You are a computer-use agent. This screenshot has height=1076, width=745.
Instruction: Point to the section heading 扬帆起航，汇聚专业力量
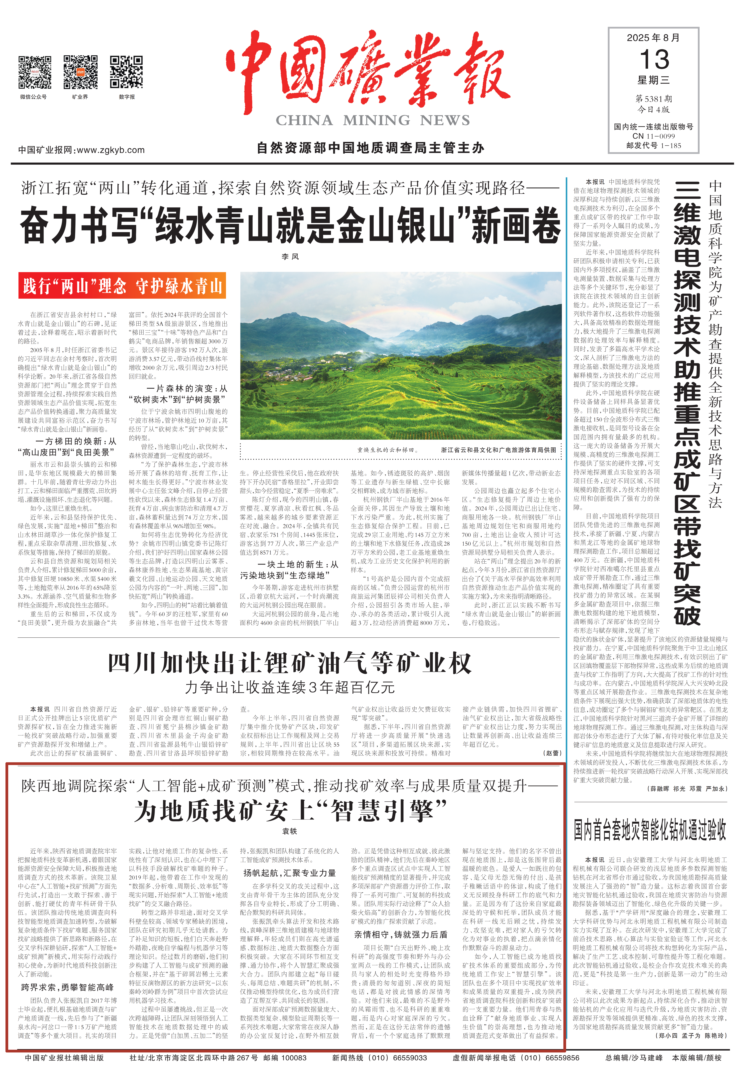point(289,873)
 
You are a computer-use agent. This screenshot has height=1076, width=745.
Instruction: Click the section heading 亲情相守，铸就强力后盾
point(400,934)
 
